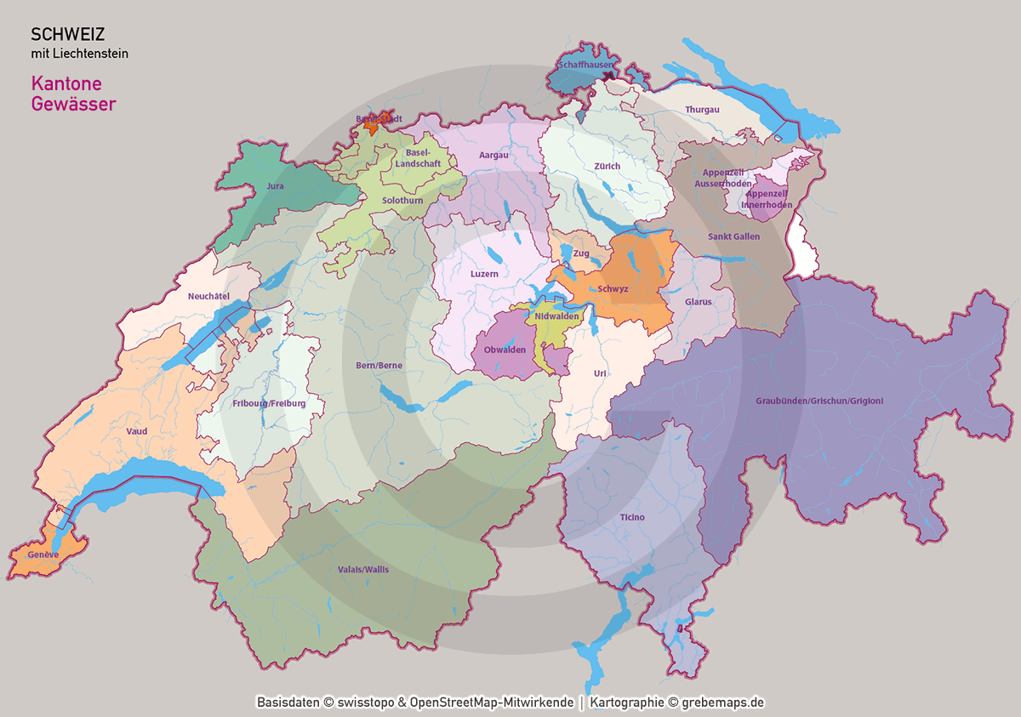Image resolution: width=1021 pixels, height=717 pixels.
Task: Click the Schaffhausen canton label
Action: click(584, 65)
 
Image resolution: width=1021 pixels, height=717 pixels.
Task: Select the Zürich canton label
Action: click(607, 167)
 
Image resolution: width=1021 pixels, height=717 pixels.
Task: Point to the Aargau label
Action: click(493, 156)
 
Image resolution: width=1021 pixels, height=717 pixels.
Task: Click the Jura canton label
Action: click(275, 185)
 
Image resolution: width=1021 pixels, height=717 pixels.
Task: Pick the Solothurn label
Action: click(402, 200)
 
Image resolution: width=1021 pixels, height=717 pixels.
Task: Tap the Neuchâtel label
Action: click(209, 296)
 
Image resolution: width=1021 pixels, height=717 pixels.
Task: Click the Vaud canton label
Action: click(136, 431)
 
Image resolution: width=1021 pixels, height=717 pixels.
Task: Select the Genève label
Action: click(43, 554)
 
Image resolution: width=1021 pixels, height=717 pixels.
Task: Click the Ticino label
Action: click(632, 517)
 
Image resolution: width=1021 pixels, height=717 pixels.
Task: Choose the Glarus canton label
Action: click(698, 301)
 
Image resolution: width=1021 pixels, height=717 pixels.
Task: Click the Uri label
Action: click(601, 373)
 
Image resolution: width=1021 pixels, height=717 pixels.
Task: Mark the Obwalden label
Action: click(505, 350)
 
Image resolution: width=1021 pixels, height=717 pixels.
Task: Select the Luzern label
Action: click(484, 274)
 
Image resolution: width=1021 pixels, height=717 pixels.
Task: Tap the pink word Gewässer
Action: click(73, 105)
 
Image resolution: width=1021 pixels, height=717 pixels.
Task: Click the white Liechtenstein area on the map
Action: click(803, 247)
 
